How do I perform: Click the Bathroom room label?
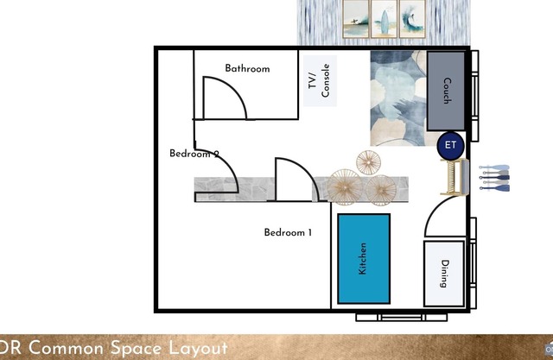(247, 68)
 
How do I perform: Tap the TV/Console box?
(320, 80)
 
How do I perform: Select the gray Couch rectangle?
(446, 91)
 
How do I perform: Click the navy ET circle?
(451, 145)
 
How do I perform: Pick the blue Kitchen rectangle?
(364, 258)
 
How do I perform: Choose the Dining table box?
(444, 274)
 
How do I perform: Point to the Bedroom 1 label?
(288, 232)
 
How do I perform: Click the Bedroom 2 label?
(194, 154)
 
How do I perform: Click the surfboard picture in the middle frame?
(384, 19)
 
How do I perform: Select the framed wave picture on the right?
(412, 19)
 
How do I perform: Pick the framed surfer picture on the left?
(356, 19)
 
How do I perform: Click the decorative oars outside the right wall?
(494, 178)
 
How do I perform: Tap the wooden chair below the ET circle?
(455, 177)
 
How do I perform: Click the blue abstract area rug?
(398, 98)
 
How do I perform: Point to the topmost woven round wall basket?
(368, 162)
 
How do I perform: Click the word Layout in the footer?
(198, 348)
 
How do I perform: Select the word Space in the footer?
(137, 349)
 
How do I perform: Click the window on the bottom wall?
(401, 318)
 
